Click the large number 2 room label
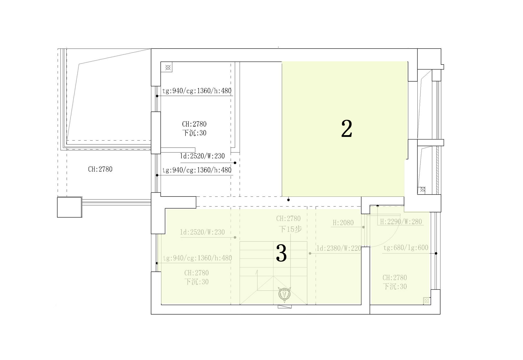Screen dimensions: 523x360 point(347,129)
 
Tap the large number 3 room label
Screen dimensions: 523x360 point(281,253)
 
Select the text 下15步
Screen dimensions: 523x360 point(290,229)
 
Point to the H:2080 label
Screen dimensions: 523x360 point(343,223)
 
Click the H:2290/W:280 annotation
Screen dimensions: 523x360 point(401,222)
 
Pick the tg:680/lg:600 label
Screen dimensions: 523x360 point(405,248)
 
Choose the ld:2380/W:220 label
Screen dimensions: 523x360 point(339,248)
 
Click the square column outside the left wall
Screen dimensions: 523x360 point(69,207)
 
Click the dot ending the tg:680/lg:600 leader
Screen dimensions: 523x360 point(436,254)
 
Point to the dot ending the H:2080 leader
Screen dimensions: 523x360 point(364,227)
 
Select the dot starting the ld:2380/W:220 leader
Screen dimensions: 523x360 point(310,254)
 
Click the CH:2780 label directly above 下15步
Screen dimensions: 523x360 point(288,219)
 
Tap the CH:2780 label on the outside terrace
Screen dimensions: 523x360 point(100,169)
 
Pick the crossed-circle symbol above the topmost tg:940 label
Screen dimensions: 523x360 point(168,68)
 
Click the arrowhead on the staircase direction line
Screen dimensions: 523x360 point(257,272)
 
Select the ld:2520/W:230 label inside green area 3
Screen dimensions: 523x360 point(202,232)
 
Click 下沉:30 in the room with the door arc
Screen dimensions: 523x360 point(395,286)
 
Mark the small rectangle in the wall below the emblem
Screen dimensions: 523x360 point(285,306)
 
